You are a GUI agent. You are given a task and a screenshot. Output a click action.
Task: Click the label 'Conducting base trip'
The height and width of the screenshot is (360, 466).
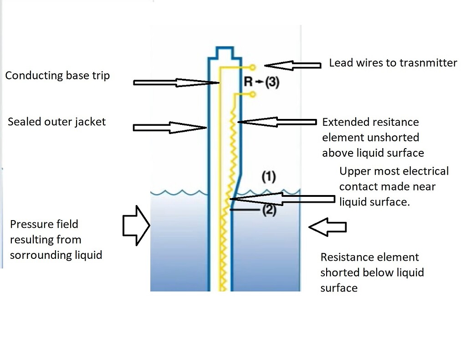click(x=57, y=75)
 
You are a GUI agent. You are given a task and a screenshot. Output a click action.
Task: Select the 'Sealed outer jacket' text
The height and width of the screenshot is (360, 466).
click(x=56, y=122)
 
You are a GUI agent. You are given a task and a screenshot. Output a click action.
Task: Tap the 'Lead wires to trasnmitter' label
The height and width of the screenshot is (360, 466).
click(x=393, y=63)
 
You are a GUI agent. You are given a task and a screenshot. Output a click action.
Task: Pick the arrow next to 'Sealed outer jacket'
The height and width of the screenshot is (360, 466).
click(x=169, y=127)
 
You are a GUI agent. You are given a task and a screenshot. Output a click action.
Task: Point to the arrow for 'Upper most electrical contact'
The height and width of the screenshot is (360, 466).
click(x=282, y=199)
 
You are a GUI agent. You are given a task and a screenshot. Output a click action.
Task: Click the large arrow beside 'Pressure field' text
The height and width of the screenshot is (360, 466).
click(x=137, y=225)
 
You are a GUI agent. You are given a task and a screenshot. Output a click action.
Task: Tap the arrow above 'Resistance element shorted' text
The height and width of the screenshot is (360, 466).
click(x=327, y=226)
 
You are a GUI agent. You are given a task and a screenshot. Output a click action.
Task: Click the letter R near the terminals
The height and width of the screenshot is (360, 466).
click(x=249, y=82)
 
